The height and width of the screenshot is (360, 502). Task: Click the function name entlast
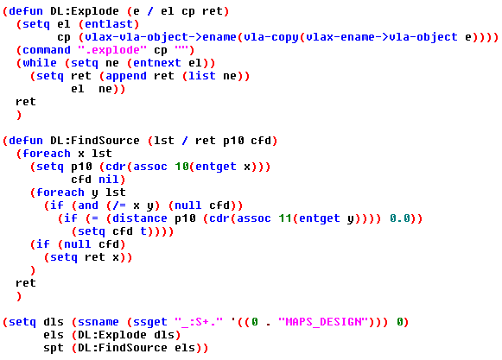pyautogui.click(x=109, y=24)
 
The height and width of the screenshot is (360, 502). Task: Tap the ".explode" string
pyautogui.click(x=112, y=50)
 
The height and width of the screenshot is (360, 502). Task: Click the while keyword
pyautogui.click(x=40, y=63)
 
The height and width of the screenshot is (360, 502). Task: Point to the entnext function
pyautogui.click(x=157, y=63)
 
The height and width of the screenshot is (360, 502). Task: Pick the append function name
pyautogui.click(x=126, y=76)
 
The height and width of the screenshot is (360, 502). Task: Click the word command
pyautogui.click(x=47, y=50)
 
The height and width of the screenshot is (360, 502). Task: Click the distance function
pyautogui.click(x=140, y=218)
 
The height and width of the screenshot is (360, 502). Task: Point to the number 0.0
pyautogui.click(x=400, y=218)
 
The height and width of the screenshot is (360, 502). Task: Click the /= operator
pyautogui.click(x=119, y=205)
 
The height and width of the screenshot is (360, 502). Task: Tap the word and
pyautogui.click(x=88, y=205)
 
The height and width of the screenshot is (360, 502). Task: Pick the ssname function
pyautogui.click(x=98, y=322)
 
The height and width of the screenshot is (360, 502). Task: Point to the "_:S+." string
pyautogui.click(x=199, y=322)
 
